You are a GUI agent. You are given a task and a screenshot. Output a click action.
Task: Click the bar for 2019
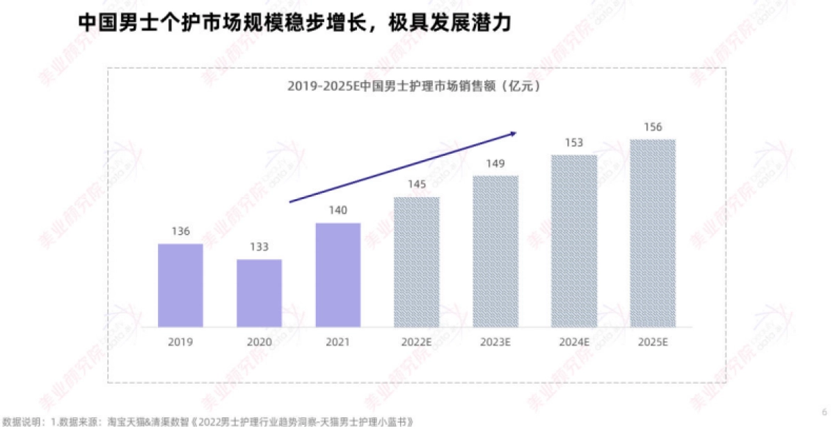(x=180, y=285)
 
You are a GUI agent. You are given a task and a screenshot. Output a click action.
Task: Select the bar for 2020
(x=259, y=293)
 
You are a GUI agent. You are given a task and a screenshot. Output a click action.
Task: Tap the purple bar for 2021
(x=338, y=275)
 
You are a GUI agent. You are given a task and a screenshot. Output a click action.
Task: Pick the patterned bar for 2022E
(x=417, y=262)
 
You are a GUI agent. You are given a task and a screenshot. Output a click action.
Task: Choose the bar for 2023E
(x=495, y=251)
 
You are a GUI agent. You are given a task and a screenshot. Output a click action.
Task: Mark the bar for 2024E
(x=574, y=241)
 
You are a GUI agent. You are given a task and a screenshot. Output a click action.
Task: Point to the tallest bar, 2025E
(x=653, y=233)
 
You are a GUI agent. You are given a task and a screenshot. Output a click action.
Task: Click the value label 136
(x=180, y=232)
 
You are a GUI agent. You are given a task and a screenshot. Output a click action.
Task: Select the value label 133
(x=259, y=247)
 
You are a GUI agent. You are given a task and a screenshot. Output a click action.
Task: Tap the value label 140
(x=338, y=210)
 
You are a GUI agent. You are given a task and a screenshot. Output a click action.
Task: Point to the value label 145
(x=417, y=185)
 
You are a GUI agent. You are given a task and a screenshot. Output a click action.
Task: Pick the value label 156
(x=653, y=127)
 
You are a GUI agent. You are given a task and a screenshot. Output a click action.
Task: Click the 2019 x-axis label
(x=180, y=342)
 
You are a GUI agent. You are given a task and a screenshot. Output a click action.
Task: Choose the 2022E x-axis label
(x=417, y=342)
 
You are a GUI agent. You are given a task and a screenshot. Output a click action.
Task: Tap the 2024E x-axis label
(x=574, y=342)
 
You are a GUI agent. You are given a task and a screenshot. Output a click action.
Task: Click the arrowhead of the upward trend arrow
(x=514, y=132)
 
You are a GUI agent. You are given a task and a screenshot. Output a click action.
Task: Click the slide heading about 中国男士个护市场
(x=294, y=23)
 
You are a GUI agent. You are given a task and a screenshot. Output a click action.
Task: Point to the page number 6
(x=825, y=412)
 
